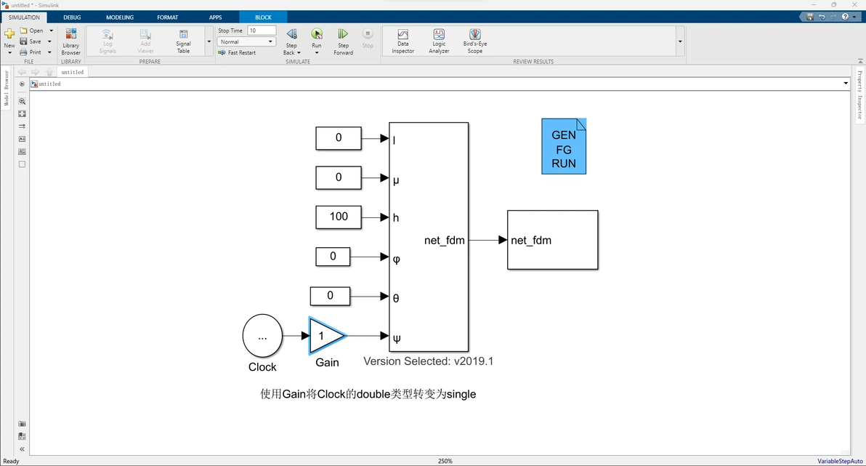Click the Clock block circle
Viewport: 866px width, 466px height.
262,335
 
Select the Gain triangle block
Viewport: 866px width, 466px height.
325,335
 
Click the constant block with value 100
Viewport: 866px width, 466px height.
339,217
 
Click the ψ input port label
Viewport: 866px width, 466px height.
396,338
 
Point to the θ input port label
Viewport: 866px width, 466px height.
396,298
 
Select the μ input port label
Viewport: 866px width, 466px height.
396,180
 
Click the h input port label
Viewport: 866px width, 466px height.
396,218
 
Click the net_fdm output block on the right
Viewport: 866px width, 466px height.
552,240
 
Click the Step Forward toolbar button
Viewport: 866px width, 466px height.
343,41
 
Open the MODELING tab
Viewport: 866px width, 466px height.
120,17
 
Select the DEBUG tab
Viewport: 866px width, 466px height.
72,17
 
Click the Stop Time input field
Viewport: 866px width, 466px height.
262,31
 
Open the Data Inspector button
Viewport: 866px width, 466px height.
402,41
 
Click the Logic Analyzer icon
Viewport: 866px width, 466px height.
439,35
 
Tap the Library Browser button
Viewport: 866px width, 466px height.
71,41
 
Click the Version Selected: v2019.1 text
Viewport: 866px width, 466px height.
429,361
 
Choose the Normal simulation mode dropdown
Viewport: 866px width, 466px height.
246,42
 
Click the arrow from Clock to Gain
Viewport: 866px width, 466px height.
295,335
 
